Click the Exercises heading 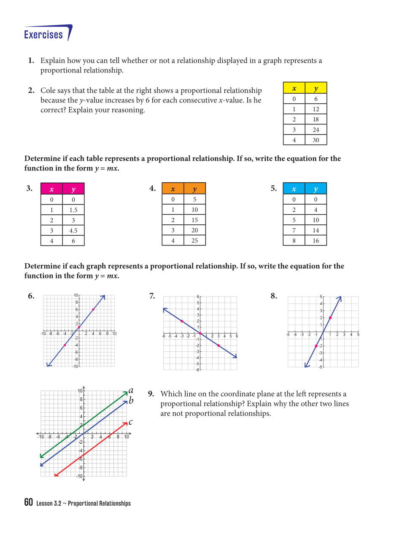43,35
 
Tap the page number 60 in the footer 28,502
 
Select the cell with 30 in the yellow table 316,140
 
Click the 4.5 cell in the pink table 73,231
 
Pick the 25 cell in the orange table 194,240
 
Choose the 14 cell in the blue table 316,230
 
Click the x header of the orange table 173,189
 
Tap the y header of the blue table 316,189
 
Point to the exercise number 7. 152,296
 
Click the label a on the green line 131,391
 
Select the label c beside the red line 131,422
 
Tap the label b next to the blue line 131,400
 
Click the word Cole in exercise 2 49,91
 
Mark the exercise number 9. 151,394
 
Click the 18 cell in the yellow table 316,119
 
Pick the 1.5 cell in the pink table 73,210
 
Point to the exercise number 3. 29,189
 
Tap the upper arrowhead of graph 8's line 340,298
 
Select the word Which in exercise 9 171,394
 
